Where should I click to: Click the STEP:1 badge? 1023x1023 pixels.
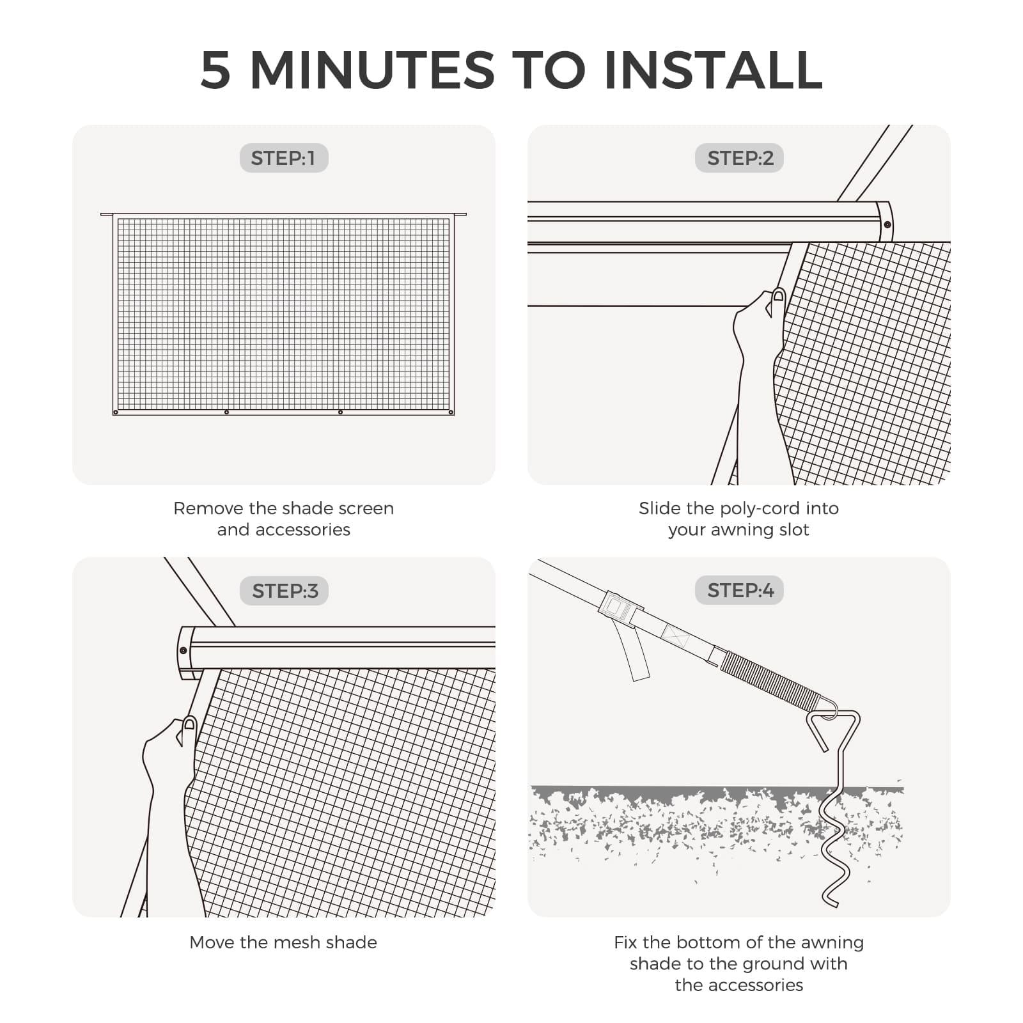tap(283, 158)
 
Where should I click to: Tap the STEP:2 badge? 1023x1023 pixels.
tap(739, 158)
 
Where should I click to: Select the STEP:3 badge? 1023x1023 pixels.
tap(284, 591)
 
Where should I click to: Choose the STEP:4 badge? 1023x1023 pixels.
tap(739, 590)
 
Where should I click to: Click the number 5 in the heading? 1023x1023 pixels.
tap(215, 70)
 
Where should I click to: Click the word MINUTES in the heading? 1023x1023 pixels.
tap(372, 70)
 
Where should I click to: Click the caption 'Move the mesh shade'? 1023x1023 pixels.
tap(283, 942)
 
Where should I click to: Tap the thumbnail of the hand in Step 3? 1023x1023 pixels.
tap(189, 724)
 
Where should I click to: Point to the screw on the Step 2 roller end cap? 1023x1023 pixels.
tap(887, 224)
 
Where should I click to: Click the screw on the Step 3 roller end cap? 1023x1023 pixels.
tap(184, 650)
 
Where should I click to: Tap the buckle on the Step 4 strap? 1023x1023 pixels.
tap(616, 607)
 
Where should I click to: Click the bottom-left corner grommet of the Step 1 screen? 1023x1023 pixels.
tap(116, 412)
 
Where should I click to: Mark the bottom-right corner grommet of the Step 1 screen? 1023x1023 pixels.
tap(451, 412)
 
